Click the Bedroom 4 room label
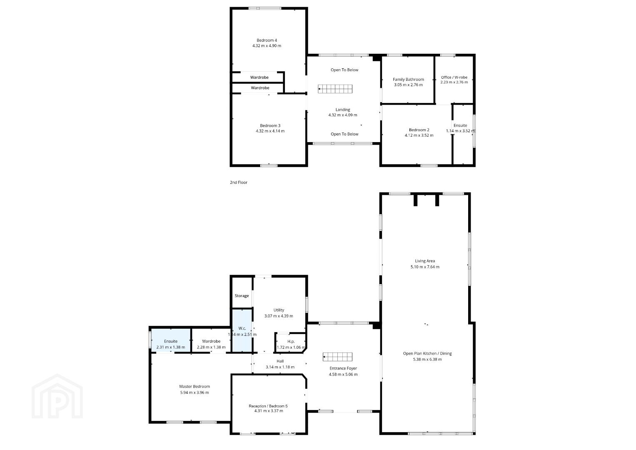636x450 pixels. click(267, 40)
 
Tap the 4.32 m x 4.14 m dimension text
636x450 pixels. click(270, 131)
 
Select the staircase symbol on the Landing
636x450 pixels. click(335, 89)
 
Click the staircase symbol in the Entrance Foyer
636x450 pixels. click(337, 357)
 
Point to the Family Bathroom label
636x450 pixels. click(408, 80)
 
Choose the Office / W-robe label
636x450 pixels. click(454, 77)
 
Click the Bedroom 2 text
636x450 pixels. click(419, 130)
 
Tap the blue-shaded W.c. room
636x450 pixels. click(242, 331)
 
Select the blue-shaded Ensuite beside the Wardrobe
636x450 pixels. click(171, 340)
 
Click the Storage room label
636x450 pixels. click(242, 296)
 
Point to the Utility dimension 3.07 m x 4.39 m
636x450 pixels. click(279, 316)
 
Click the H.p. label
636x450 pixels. click(291, 342)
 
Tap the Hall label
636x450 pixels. click(280, 361)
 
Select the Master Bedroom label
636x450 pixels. click(195, 386)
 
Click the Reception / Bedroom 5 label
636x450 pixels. click(268, 406)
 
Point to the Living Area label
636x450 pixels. click(425, 261)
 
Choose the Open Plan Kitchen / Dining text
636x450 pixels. click(427, 353)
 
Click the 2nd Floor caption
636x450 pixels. click(239, 182)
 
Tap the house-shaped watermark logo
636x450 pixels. click(57, 396)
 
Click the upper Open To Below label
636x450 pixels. click(344, 70)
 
